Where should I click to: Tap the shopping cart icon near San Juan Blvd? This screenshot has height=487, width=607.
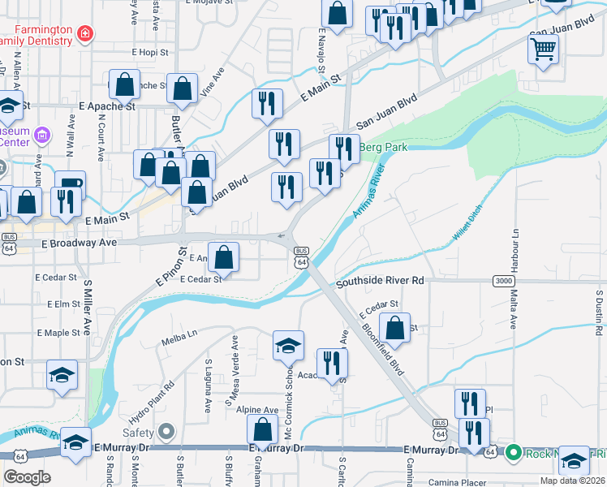tap(543, 50)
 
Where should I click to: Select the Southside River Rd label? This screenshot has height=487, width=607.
tap(381, 281)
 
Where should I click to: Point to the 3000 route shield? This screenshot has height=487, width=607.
tap(502, 281)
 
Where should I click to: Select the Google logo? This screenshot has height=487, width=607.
tap(26, 477)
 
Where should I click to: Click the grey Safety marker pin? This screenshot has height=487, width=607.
tap(166, 431)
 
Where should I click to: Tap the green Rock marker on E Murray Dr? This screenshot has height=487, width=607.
tap(512, 451)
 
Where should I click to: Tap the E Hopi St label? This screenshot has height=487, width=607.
tap(150, 51)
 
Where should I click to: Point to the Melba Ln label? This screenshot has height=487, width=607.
tap(179, 334)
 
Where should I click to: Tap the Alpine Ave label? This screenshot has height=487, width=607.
tap(257, 411)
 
